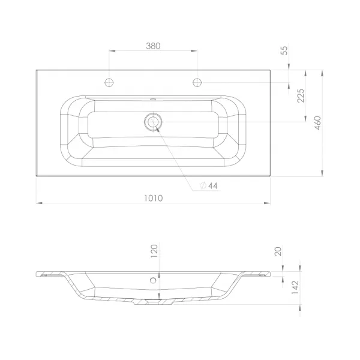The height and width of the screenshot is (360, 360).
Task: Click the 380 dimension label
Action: pos(153,46)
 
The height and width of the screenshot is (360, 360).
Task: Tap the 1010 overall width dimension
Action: pos(154,198)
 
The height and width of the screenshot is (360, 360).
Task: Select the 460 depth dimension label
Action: pos(317,123)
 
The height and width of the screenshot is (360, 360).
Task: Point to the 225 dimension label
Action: pos(301,95)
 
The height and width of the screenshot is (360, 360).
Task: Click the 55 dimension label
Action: pos(284,50)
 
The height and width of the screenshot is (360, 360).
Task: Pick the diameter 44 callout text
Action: pos(209,185)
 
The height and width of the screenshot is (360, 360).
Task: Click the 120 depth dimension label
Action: pos(154,251)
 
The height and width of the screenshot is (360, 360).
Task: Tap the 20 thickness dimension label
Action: pos(278,251)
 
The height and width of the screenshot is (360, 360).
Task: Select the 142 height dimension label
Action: pos(295,287)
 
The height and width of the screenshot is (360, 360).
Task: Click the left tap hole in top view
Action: pos(109,82)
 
